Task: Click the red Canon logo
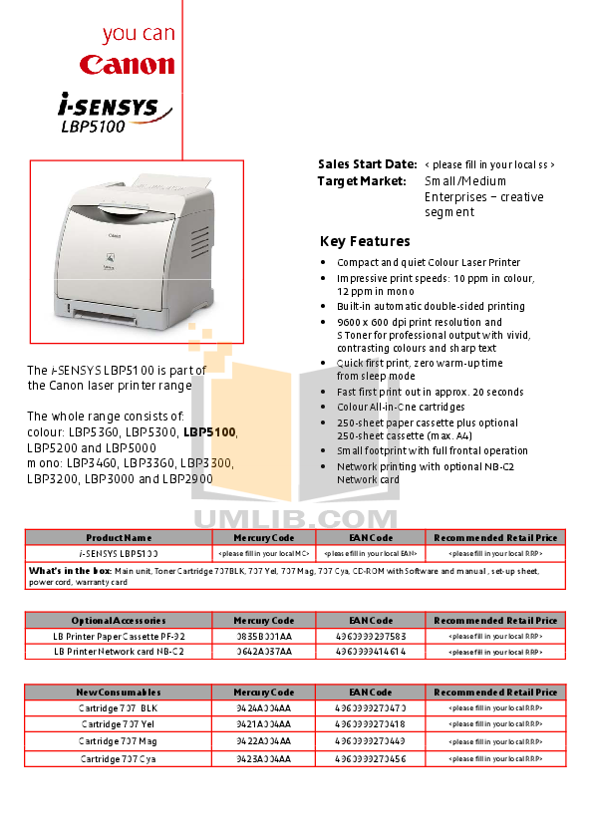click(128, 65)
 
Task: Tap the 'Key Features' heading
click(365, 242)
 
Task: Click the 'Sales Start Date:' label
click(367, 164)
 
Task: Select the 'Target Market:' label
click(362, 181)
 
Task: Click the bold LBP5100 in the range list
click(210, 432)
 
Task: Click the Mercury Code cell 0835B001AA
click(263, 635)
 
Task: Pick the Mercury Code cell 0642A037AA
click(263, 651)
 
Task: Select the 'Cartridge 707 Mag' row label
click(119, 741)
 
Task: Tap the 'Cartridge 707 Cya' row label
click(119, 758)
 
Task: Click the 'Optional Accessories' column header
click(119, 620)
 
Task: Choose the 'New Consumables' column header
click(119, 692)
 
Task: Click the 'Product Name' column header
click(119, 537)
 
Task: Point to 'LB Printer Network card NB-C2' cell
click(119, 651)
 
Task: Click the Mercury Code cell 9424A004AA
click(263, 707)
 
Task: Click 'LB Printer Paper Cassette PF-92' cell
click(119, 635)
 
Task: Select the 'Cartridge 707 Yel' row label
click(119, 724)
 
